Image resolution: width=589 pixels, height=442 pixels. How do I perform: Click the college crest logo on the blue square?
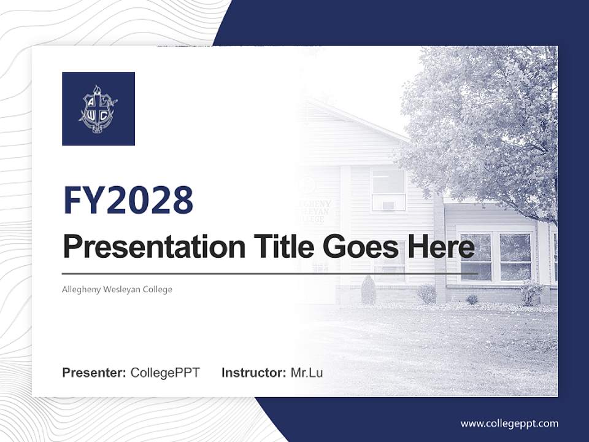[98, 109]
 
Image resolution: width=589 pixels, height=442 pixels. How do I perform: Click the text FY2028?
[128, 200]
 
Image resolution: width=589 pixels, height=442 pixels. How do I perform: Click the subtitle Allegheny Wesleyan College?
[117, 289]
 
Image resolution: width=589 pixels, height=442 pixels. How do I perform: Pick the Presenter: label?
[94, 373]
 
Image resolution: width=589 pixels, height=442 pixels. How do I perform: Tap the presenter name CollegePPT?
[165, 373]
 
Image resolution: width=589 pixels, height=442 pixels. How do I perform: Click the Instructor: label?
[253, 373]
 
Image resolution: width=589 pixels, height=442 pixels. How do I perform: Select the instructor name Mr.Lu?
[307, 373]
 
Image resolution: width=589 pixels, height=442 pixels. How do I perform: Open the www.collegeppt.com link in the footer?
[509, 424]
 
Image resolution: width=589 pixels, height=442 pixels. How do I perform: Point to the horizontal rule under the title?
[270, 274]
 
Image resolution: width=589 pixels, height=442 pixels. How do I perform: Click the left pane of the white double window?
[476, 257]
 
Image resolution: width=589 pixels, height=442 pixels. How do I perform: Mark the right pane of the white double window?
[515, 257]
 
